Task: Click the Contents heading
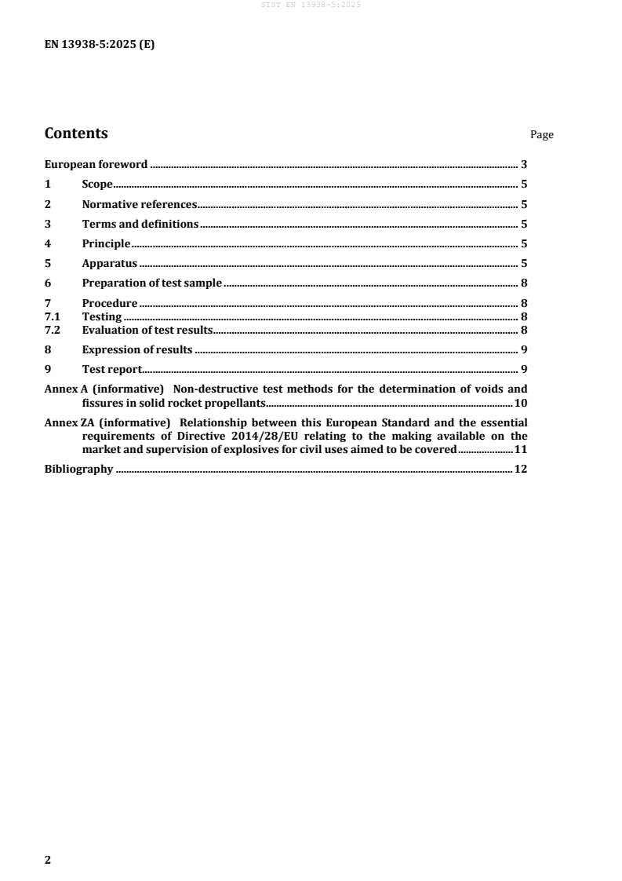pos(76,133)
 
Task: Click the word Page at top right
pos(541,135)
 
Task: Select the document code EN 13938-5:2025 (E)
pos(99,45)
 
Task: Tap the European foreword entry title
pos(96,165)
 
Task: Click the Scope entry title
pos(97,185)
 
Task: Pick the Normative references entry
pos(139,204)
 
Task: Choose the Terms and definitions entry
pos(140,224)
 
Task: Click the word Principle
pos(106,243)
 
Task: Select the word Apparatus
pos(109,263)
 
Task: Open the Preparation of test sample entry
pos(151,283)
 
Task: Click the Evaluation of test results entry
pos(147,330)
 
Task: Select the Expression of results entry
pos(136,349)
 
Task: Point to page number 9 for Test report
pos(524,369)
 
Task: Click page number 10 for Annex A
pos(521,404)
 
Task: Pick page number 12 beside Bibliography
pos(521,470)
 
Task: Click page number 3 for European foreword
pos(524,165)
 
